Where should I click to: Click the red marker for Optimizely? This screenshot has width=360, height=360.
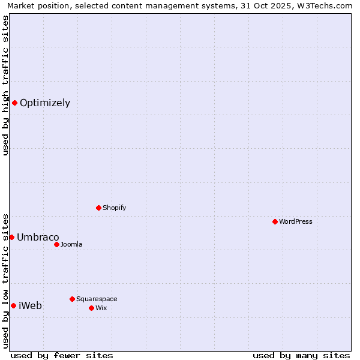pyautogui.click(x=14, y=103)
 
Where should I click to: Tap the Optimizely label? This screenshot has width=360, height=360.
pyautogui.click(x=45, y=103)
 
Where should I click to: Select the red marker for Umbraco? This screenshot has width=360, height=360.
pyautogui.click(x=11, y=237)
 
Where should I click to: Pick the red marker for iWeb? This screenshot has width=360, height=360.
pyautogui.click(x=13, y=305)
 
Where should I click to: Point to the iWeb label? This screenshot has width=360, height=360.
pyautogui.click(x=31, y=305)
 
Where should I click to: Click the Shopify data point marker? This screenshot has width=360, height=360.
pyautogui.click(x=98, y=208)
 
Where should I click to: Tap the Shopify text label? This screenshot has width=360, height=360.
pyautogui.click(x=114, y=208)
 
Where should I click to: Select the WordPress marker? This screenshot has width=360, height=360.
pyautogui.click(x=275, y=221)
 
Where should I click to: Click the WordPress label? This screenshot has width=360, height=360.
pyautogui.click(x=295, y=221)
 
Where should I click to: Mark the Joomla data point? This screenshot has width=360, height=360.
pyautogui.click(x=56, y=244)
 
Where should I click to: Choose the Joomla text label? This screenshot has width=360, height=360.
pyautogui.click(x=71, y=244)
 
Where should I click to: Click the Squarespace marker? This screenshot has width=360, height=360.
pyautogui.click(x=72, y=299)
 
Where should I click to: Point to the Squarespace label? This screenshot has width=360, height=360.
pyautogui.click(x=97, y=299)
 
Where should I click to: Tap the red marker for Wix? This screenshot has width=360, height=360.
pyautogui.click(x=91, y=308)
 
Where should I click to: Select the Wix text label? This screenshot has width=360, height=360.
pyautogui.click(x=101, y=308)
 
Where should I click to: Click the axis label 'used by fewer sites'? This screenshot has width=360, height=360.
pyautogui.click(x=62, y=355)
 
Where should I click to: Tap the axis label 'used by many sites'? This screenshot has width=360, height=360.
pyautogui.click(x=301, y=355)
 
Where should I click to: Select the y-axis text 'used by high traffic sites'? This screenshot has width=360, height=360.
pyautogui.click(x=5, y=85)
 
